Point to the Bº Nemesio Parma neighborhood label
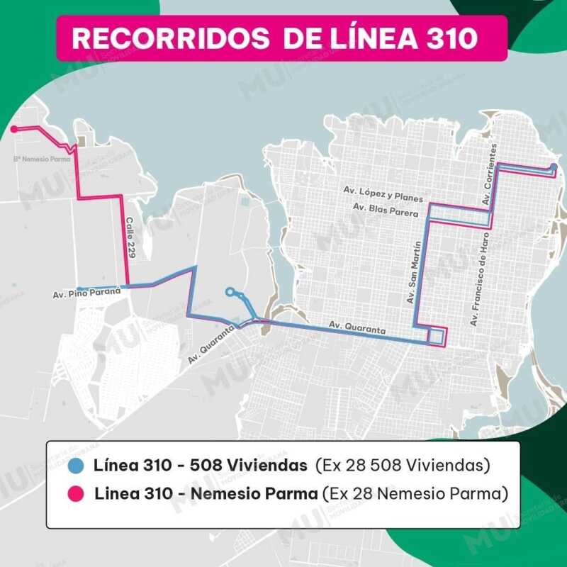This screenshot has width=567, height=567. pos(43,159)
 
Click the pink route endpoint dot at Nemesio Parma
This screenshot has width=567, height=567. pos(14,129)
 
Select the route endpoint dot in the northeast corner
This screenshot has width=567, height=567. pos(553,167)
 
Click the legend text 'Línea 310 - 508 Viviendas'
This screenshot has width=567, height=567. pos(201,466)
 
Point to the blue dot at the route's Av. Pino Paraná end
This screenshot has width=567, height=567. pos(79,288)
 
